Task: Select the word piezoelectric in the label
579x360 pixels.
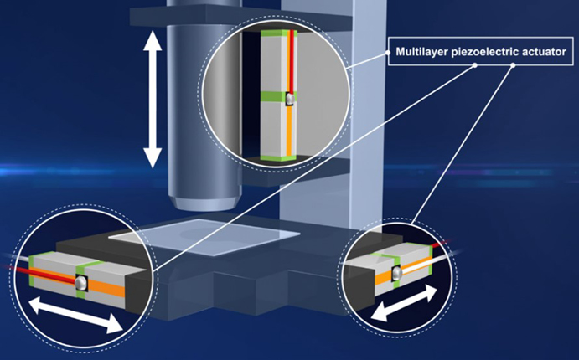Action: pos(487,54)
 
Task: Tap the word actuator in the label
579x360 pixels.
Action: pos(545,54)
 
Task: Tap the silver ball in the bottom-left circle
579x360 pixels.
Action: pos(81,284)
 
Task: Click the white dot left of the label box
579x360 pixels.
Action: pos(389,54)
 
